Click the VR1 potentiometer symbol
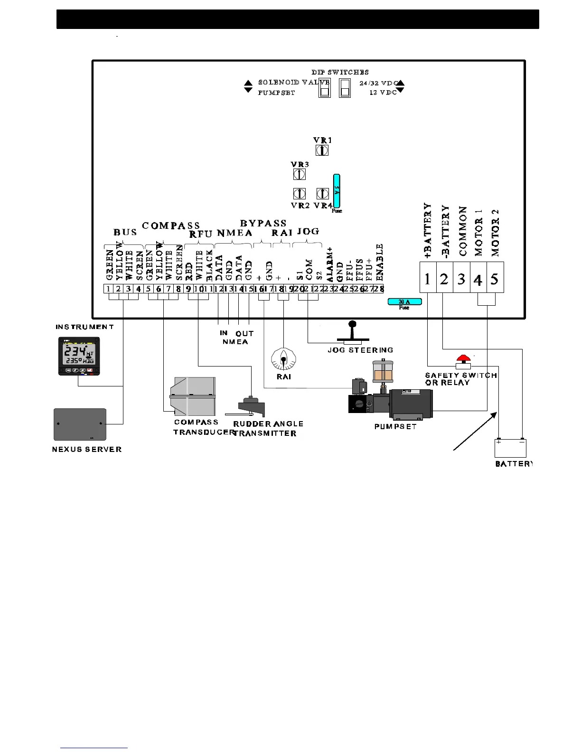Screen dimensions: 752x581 (322, 150)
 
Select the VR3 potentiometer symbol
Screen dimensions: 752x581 (299, 174)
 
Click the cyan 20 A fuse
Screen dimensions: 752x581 (404, 301)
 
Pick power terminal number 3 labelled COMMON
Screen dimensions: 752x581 (461, 279)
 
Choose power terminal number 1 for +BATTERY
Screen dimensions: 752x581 (427, 279)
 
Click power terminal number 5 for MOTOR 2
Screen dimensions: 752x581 (495, 279)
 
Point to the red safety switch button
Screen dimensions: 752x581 (463, 358)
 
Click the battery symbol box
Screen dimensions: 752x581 (510, 448)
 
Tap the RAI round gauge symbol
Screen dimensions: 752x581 (283, 359)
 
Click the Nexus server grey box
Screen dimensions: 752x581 (80, 424)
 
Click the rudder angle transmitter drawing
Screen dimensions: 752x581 (250, 406)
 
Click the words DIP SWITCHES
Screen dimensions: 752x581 (340, 72)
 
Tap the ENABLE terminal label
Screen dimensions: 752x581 (379, 262)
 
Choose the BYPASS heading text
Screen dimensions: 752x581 (263, 223)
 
